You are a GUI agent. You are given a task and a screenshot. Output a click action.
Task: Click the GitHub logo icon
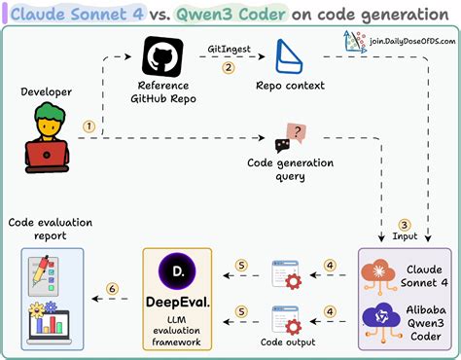tap(161, 58)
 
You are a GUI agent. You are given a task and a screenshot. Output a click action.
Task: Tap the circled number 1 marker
tap(89, 126)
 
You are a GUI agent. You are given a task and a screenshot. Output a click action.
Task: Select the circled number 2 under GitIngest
tap(229, 68)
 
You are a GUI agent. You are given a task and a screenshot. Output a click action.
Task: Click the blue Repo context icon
tap(291, 59)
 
